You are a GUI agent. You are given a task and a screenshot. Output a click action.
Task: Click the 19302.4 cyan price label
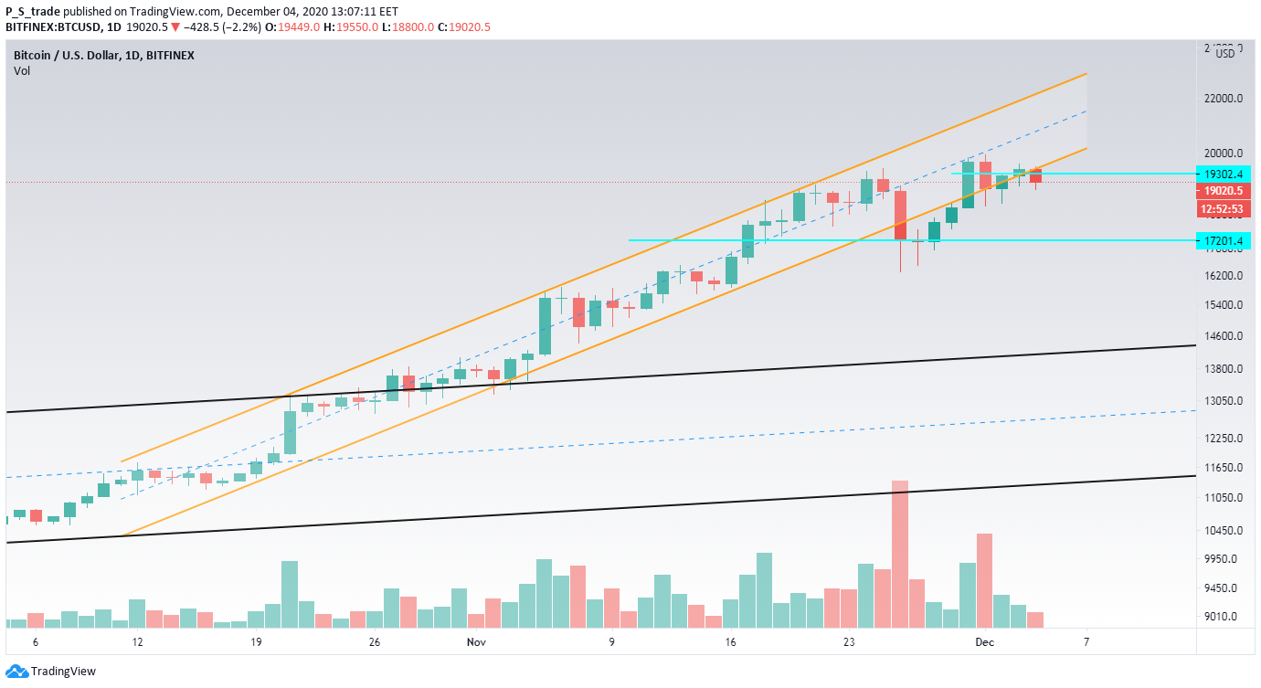[1224, 174]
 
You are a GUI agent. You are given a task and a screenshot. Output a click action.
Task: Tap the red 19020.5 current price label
[1224, 191]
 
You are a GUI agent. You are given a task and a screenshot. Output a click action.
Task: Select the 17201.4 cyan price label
[1224, 241]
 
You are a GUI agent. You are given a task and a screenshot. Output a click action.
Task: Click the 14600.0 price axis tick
[1224, 336]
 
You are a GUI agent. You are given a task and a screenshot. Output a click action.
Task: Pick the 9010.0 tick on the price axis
[1224, 617]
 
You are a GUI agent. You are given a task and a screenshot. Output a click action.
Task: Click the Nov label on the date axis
[475, 642]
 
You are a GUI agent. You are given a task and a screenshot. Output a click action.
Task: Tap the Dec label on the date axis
[982, 642]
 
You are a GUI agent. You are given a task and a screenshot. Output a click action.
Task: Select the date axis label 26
[374, 642]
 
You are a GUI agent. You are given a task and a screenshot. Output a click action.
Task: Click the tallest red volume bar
[900, 554]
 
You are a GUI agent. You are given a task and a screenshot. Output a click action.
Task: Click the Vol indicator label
[22, 70]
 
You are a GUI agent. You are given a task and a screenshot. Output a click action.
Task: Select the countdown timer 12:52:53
[1224, 209]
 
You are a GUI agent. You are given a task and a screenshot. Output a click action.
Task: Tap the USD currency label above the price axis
[1225, 53]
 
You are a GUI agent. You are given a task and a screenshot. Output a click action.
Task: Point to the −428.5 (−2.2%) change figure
[224, 27]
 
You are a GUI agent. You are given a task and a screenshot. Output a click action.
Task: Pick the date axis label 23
[849, 642]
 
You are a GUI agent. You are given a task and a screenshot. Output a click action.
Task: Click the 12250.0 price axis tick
[1224, 439]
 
